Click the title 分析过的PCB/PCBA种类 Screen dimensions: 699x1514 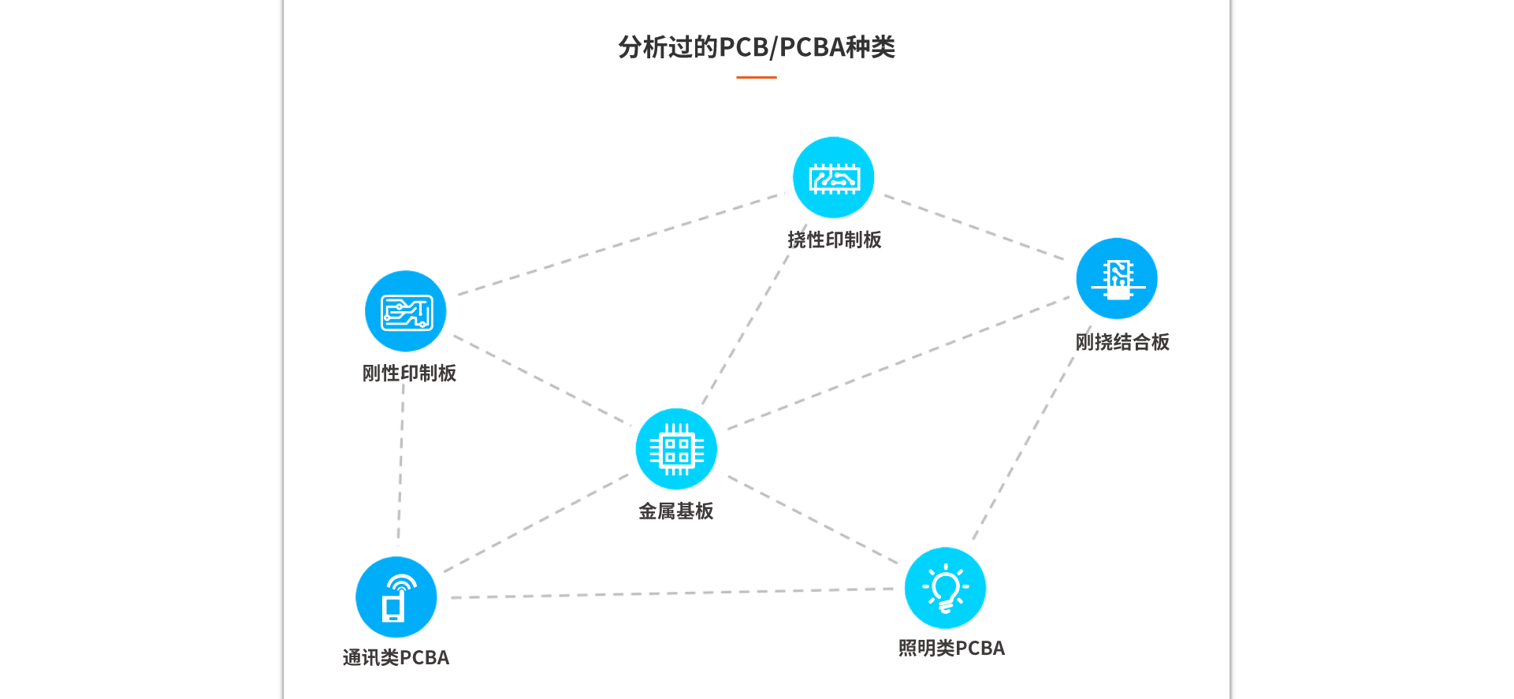757,47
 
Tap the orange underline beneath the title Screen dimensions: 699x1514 757,77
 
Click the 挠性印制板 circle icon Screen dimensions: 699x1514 833,177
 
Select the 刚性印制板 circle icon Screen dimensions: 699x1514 405,311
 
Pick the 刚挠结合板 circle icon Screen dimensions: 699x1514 1117,278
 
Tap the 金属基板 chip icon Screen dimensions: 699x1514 676,449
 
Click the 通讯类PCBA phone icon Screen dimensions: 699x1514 396,597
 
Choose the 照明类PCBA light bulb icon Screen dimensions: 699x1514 945,588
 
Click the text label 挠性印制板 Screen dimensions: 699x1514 835,240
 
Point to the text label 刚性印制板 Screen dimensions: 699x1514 409,373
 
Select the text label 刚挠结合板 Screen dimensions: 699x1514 1122,342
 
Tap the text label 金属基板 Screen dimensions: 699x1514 676,511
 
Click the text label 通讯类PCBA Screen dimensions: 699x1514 396,657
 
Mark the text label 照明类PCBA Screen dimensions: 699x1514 951,648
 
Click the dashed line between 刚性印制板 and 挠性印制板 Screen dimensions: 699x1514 620,244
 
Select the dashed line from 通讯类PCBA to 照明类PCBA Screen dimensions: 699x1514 670,593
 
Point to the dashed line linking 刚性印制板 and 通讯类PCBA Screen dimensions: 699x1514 400,465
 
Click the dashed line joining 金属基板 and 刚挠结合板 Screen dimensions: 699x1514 898,363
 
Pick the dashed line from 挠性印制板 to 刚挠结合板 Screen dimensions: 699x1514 973,227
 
